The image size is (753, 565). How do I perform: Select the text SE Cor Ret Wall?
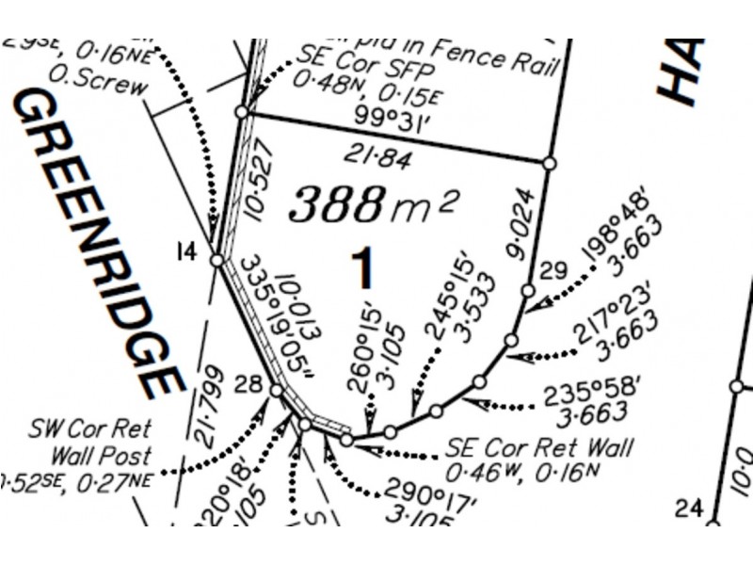pyautogui.click(x=538, y=444)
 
